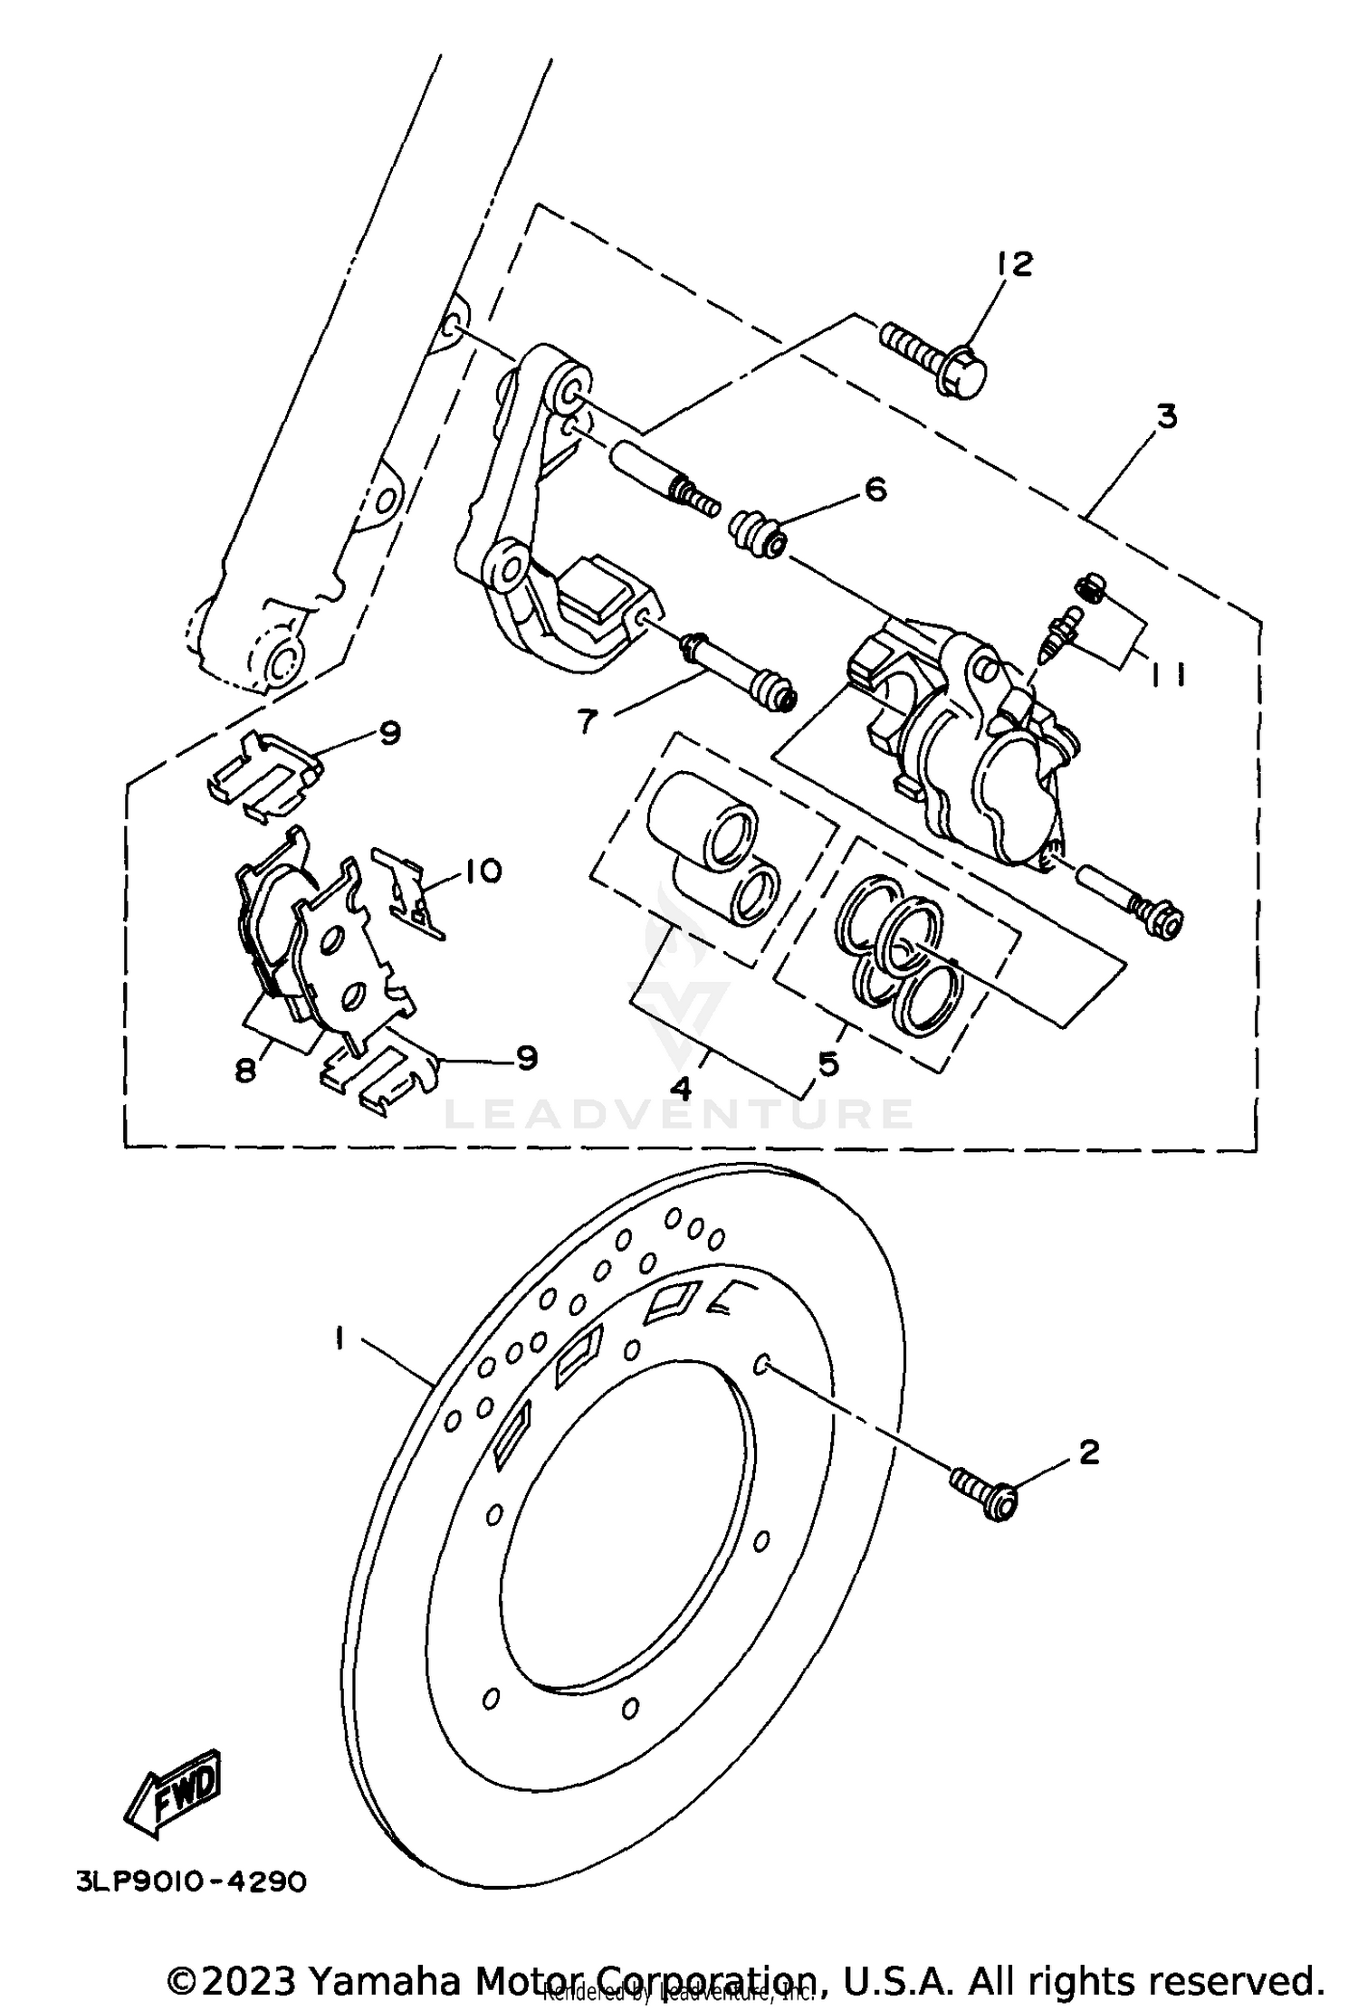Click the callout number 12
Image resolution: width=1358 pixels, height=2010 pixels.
pos(1015,264)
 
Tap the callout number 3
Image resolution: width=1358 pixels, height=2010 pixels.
pos(1167,417)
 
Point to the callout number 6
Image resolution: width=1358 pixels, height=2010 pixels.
pos(875,490)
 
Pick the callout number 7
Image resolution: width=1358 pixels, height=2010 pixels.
pos(588,722)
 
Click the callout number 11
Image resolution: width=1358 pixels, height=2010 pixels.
pos(1167,675)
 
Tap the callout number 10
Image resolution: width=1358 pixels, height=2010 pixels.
pos(483,872)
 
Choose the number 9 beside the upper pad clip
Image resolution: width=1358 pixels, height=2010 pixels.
pos(389,732)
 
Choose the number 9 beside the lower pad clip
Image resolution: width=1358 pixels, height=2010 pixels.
pos(527,1057)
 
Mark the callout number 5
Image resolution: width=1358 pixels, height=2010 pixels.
pos(827,1064)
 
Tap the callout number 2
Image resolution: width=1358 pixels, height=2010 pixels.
pos(1089,1453)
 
